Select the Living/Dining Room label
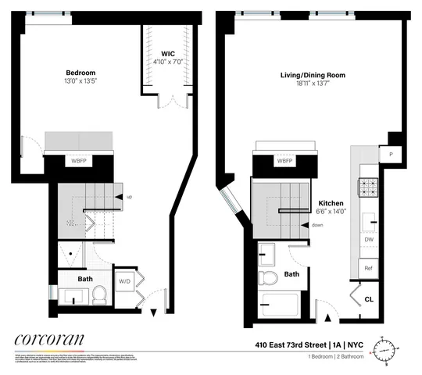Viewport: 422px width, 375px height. pos(313,76)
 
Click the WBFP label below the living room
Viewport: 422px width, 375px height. pos(285,161)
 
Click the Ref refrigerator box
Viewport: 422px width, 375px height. pos(368,268)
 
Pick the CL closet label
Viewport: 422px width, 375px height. pos(370,298)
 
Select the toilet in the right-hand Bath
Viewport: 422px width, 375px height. pos(270,279)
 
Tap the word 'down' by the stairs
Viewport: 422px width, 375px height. pos(317,225)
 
